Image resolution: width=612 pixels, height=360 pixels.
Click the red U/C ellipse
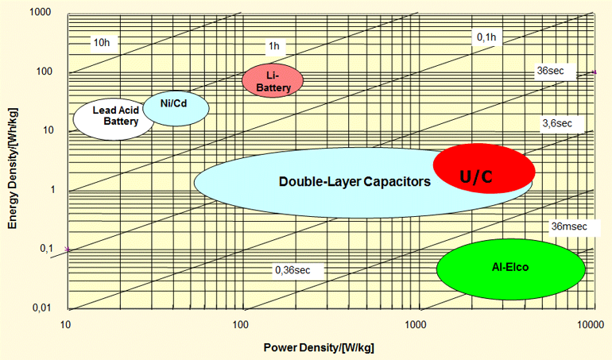(x=483, y=168)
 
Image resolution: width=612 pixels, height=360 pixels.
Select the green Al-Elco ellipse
(x=510, y=269)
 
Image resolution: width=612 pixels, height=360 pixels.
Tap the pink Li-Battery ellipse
(x=273, y=80)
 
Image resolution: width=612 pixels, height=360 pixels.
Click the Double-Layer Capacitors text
(x=354, y=181)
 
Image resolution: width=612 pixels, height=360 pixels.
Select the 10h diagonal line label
(x=101, y=41)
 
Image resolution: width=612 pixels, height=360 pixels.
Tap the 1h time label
(x=274, y=46)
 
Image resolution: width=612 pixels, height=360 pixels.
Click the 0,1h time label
(x=486, y=37)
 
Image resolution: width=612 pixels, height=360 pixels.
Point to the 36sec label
(x=551, y=71)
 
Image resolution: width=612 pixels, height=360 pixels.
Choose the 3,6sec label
(x=556, y=123)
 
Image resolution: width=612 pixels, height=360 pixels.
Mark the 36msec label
(x=569, y=226)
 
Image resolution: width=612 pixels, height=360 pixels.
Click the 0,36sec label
(x=292, y=270)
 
